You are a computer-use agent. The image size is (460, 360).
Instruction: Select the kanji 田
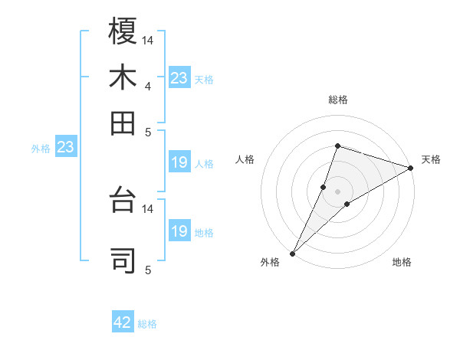coord(123,123)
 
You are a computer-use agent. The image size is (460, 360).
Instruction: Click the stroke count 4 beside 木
coord(147,86)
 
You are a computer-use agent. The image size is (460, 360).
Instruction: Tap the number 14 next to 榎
coord(148,39)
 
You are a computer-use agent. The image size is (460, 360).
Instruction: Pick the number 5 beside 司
coord(147,270)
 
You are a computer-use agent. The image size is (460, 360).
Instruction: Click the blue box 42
coord(123,322)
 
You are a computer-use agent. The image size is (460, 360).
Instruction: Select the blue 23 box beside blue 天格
coord(179,78)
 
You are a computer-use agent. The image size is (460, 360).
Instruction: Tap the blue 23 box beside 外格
coord(65,147)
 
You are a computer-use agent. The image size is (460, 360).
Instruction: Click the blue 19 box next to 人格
coord(179,162)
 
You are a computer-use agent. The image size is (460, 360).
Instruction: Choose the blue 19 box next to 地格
coord(179,231)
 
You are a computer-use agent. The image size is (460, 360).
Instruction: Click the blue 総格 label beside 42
coord(147,324)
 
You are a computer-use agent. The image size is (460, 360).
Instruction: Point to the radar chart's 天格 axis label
coord(431,159)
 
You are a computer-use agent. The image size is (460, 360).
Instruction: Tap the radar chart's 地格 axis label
coord(402,262)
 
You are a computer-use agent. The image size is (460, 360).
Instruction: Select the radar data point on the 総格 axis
coord(337,146)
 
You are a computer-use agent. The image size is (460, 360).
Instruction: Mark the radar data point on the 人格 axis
coord(324,186)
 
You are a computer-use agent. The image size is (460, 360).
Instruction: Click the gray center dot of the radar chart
coord(337,191)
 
